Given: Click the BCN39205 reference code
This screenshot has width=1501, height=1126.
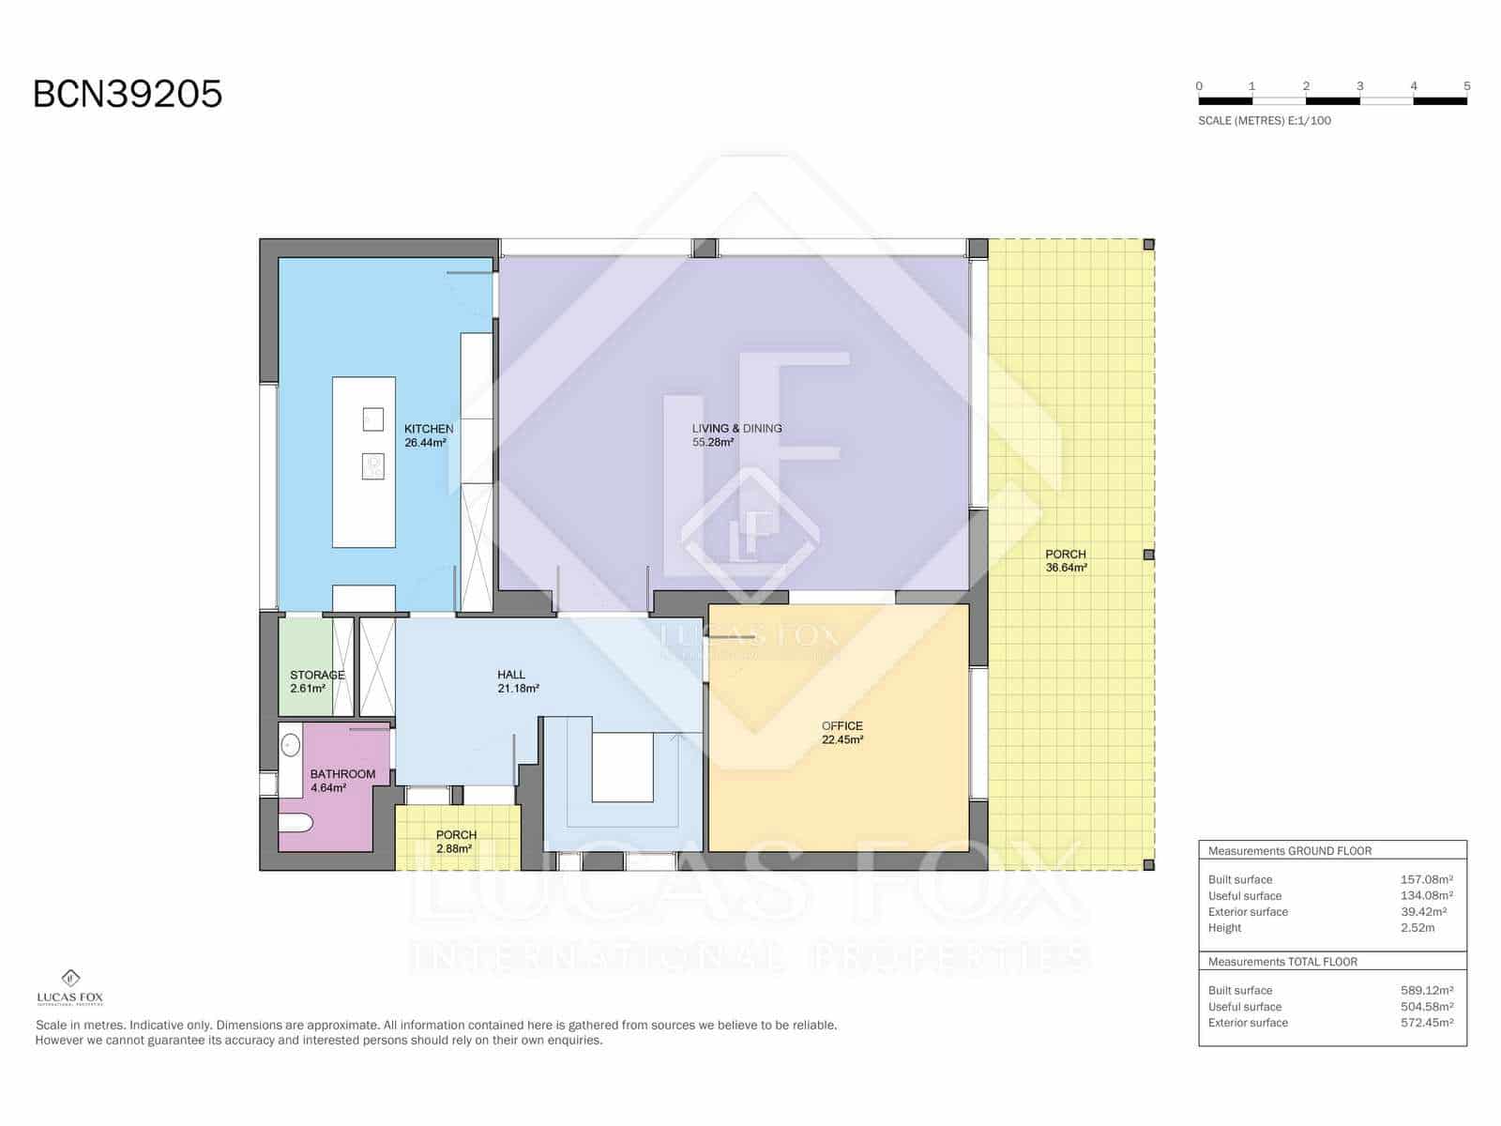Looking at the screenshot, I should pos(128,94).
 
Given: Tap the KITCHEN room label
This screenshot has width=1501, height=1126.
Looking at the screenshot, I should pos(429,429).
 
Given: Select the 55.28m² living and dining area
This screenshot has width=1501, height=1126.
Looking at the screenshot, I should pos(713,443).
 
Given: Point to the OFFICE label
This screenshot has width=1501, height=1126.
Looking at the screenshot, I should pos(841,726).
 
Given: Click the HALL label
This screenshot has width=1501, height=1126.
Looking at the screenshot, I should pos(511,675).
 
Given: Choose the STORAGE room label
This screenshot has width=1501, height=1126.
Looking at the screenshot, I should pos(316,676).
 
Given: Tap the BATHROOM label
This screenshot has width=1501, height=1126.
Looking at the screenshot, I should pos(342,774).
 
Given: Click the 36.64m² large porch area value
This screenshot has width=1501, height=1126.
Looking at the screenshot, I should pos(1066,568).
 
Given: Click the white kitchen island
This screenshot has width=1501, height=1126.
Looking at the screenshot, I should pos(363,507).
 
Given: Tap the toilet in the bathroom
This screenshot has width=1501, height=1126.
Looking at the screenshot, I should pos(296,824).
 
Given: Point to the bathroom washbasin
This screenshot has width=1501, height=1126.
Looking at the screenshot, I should pos(290,746).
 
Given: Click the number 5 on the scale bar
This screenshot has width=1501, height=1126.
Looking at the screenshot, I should pos(1466,86).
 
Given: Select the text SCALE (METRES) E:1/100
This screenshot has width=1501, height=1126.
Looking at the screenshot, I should pos(1264,121).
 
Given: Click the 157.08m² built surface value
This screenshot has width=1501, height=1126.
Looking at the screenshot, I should pos(1426,880).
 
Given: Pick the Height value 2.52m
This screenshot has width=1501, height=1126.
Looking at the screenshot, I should pos(1417,928).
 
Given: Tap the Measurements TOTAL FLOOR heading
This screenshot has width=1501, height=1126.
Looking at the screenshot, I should pos(1282,962).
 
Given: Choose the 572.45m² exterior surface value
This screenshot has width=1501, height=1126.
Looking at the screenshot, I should pos(1426,1023).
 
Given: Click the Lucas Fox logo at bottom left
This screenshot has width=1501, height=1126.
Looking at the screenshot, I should pos(70,986).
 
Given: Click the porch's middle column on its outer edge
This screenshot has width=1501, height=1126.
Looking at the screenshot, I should pos(1148,555).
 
